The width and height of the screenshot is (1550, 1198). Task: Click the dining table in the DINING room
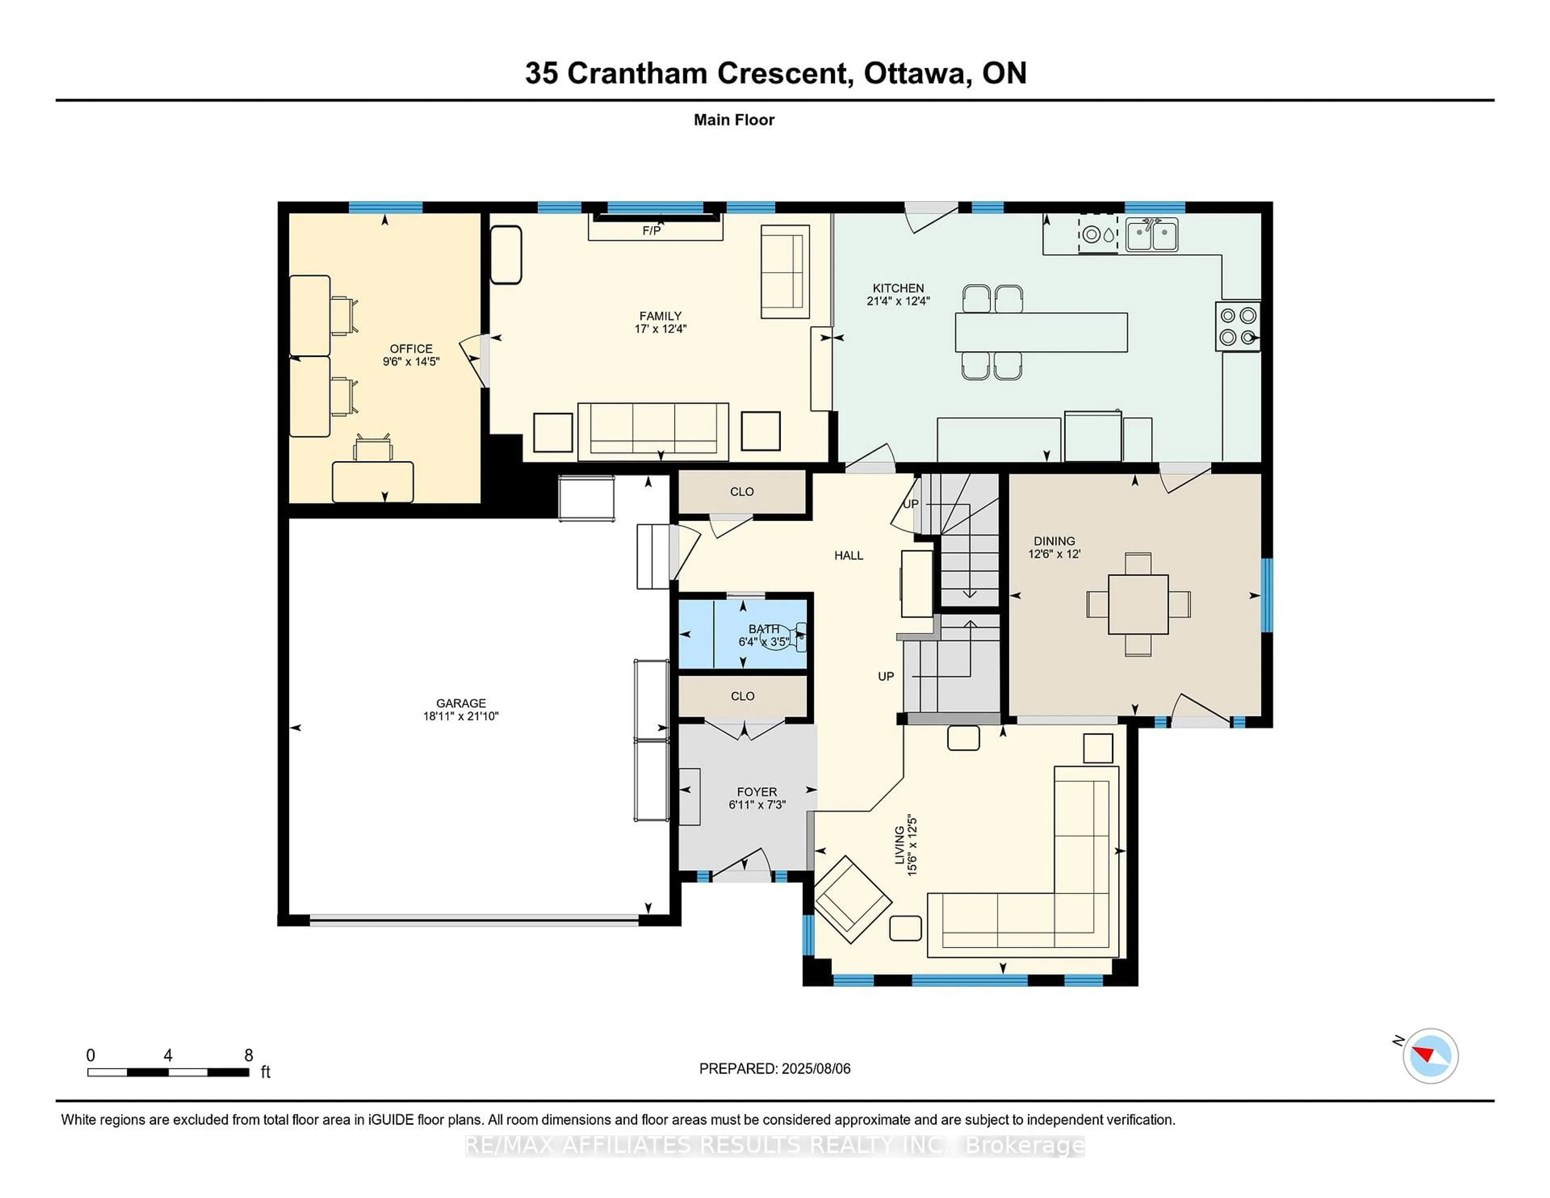[x=1138, y=605]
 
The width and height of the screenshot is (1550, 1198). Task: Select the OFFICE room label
[x=411, y=348]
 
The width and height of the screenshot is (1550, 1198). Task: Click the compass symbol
[x=1430, y=1056]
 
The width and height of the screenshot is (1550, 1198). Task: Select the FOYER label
[x=756, y=791]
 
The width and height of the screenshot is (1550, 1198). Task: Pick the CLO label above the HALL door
[x=741, y=492]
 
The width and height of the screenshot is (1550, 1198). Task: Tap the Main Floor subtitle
[x=734, y=120]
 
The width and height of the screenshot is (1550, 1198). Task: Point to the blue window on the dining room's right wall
[x=1267, y=595]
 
